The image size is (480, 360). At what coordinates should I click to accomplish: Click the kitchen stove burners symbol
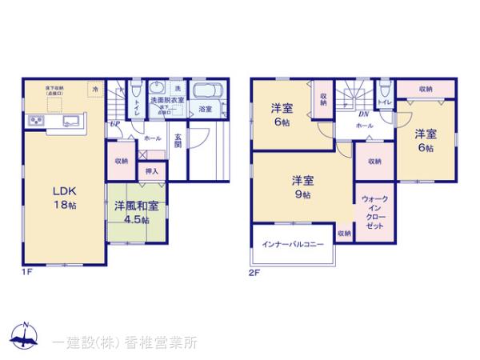[x=37, y=121]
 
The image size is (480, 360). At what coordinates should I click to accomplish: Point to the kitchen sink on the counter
[x=68, y=121]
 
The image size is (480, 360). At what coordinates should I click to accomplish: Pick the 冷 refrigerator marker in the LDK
[x=95, y=88]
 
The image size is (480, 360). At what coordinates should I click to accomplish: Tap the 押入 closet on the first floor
[x=151, y=170]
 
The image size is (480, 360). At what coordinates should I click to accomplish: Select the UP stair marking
[x=115, y=124]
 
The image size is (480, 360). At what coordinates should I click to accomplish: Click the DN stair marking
[x=350, y=113]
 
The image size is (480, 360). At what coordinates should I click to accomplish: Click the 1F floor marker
[x=27, y=272]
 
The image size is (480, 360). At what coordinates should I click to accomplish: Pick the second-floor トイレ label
[x=384, y=102]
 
